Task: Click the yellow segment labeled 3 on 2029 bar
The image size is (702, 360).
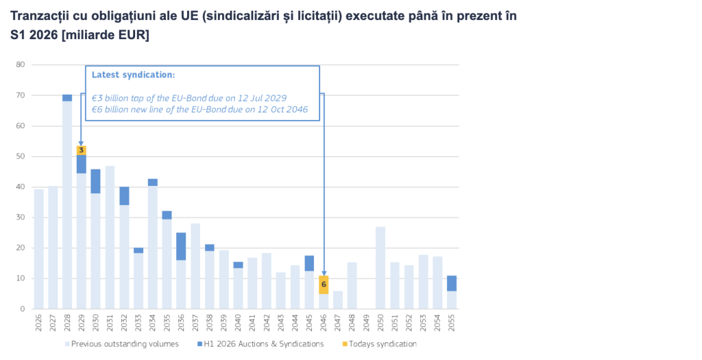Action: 81,150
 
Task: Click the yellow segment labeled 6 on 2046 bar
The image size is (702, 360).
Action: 324,285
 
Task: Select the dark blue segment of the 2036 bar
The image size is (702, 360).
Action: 181,246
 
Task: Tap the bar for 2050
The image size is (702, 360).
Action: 380,267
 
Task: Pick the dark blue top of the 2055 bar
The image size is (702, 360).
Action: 452,283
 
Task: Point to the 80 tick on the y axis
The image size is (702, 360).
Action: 20,64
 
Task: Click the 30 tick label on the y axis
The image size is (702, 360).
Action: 20,217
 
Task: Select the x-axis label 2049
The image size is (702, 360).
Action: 367,323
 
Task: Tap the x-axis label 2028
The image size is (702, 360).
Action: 68,323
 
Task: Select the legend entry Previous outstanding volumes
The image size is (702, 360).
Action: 121,344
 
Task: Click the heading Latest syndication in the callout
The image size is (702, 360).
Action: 133,75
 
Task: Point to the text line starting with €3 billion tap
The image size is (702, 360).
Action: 189,97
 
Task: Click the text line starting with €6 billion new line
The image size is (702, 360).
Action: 199,109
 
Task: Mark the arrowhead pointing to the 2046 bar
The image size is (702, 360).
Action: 324,274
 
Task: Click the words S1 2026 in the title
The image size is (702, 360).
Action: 34,35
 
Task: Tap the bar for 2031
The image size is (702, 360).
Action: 110,237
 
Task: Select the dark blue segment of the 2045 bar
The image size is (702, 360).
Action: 309,263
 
